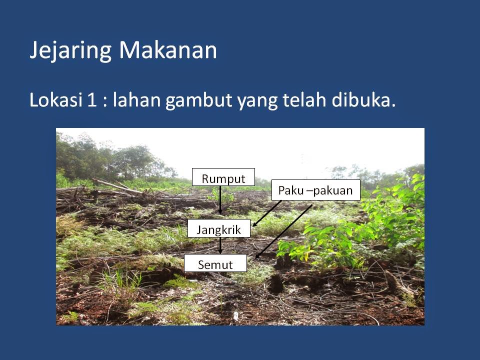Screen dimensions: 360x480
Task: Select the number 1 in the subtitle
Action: (x=92, y=100)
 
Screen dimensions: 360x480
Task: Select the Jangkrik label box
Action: (x=218, y=230)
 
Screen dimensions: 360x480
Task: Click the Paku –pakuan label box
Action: (x=315, y=190)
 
